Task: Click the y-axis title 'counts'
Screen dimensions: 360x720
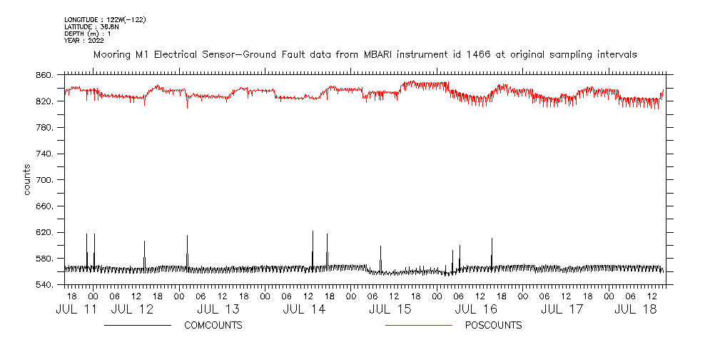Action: pyautogui.click(x=26, y=180)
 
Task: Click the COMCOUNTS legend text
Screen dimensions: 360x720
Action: pyautogui.click(x=213, y=326)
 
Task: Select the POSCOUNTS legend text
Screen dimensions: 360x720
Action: pyautogui.click(x=493, y=326)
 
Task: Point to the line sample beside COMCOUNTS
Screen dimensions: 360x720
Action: pyautogui.click(x=138, y=326)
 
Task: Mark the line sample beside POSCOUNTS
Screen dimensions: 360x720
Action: pyautogui.click(x=418, y=326)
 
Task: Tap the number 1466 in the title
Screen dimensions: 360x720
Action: pyautogui.click(x=483, y=54)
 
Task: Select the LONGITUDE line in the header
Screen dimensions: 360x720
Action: pyautogui.click(x=105, y=19)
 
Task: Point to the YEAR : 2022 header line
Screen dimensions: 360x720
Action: pyautogui.click(x=84, y=41)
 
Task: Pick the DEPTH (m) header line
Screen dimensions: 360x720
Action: pyautogui.click(x=87, y=34)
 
